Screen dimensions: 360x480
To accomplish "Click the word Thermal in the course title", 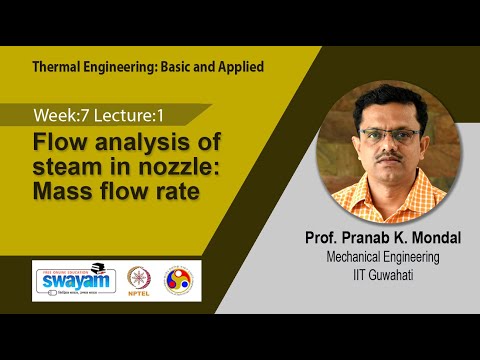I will click(58, 67).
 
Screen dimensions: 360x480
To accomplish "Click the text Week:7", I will click(63, 114).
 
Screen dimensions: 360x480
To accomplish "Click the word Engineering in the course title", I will click(126, 67).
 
